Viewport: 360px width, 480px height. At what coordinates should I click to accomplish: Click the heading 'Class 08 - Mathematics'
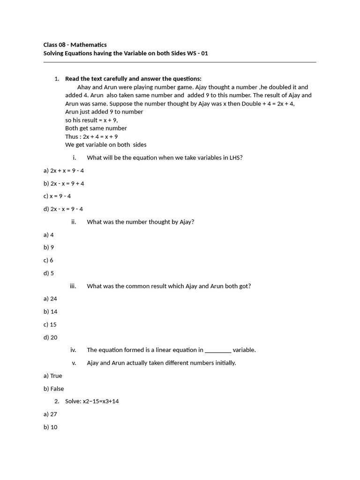click(75, 45)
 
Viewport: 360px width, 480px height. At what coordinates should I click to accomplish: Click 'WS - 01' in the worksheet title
click(197, 53)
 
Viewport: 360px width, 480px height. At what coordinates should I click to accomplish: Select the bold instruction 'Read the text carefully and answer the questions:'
click(133, 79)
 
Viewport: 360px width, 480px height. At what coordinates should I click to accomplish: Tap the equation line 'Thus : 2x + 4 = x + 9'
click(91, 136)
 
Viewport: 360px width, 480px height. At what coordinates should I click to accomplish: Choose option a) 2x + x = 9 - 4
click(64, 171)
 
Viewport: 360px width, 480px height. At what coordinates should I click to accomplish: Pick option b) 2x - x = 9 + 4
click(64, 183)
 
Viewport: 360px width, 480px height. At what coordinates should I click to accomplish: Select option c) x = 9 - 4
click(57, 196)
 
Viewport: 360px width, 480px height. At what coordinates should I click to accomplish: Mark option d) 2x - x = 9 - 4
click(63, 209)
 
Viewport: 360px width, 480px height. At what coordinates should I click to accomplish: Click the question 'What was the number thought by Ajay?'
click(140, 222)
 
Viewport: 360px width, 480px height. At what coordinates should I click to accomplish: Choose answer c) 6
click(49, 260)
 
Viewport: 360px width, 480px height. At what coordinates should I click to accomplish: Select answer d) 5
click(49, 273)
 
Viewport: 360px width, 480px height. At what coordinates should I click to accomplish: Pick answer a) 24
click(50, 299)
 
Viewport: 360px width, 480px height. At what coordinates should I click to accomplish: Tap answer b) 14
click(50, 311)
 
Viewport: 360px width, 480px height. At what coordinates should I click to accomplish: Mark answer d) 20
click(50, 337)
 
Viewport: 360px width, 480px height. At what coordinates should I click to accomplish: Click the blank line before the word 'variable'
click(218, 350)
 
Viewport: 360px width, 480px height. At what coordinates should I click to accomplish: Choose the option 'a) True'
click(53, 376)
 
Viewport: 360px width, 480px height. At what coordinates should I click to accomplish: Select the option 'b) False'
click(54, 389)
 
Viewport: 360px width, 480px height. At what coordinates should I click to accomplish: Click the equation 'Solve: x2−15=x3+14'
click(92, 401)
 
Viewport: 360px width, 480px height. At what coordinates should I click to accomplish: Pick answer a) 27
click(50, 414)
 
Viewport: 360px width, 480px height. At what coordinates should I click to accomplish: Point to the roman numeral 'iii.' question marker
click(73, 286)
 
